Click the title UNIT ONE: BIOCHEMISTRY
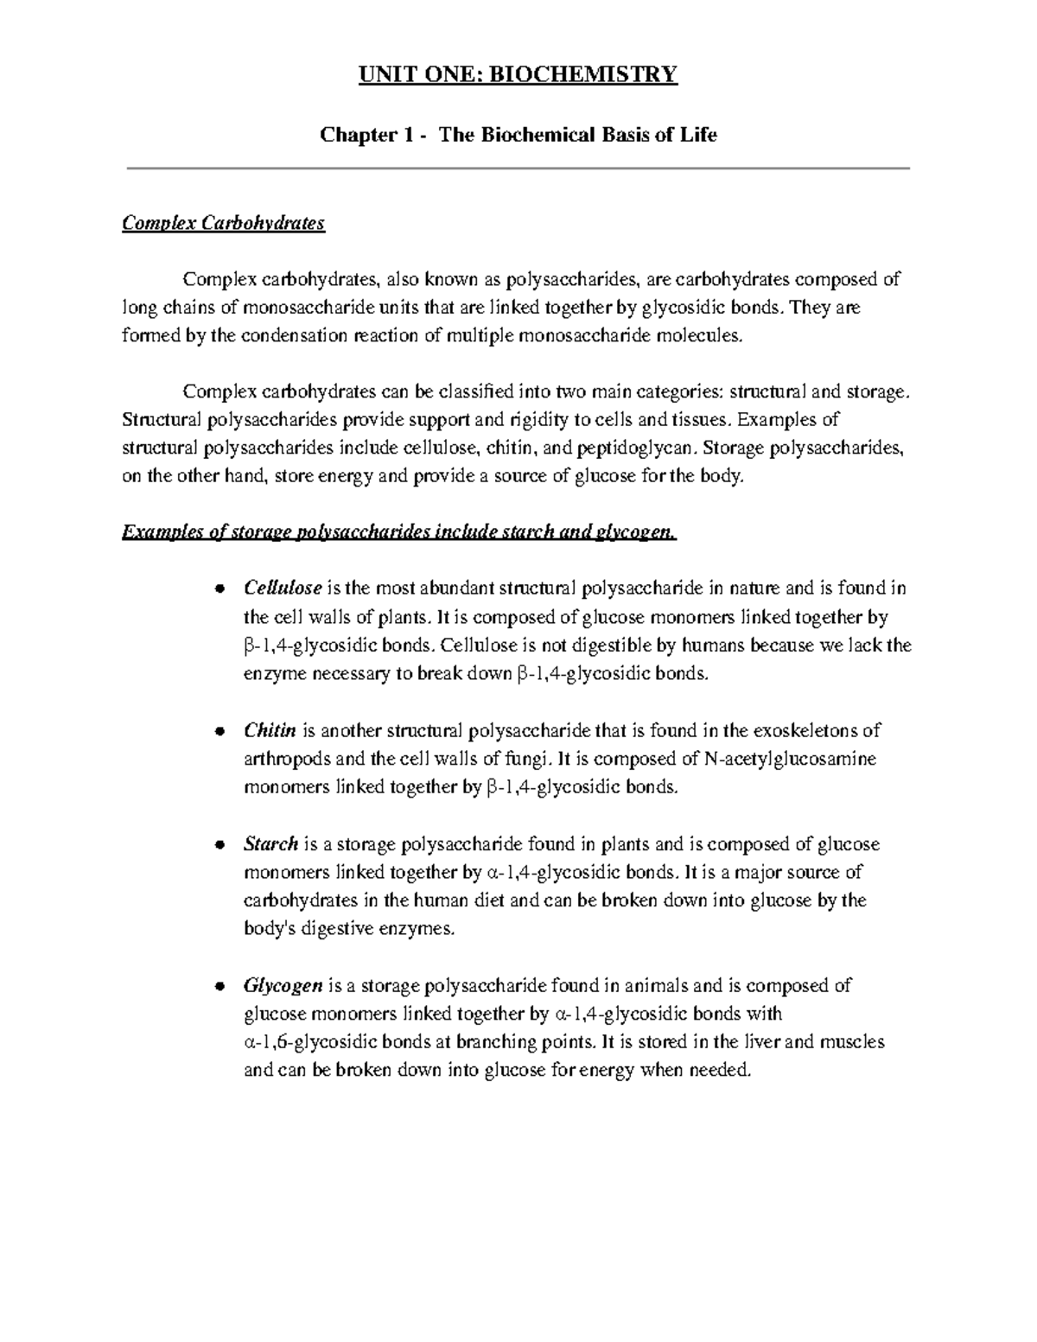[x=518, y=75]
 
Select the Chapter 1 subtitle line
[x=518, y=136]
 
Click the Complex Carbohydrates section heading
[x=223, y=224]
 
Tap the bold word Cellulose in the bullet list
[x=283, y=588]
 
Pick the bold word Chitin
[x=270, y=730]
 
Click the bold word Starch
[x=270, y=843]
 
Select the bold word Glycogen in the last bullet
[x=283, y=985]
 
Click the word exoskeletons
[x=809, y=730]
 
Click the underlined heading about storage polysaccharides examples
[x=399, y=532]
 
